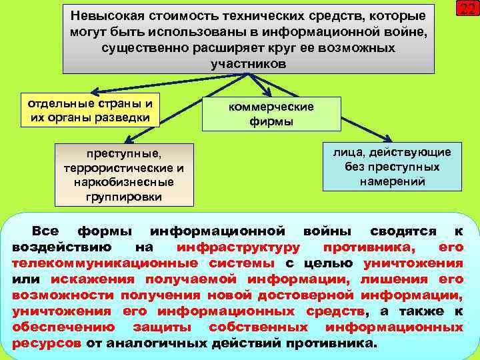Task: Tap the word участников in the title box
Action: [248, 65]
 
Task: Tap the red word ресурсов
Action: [47, 343]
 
